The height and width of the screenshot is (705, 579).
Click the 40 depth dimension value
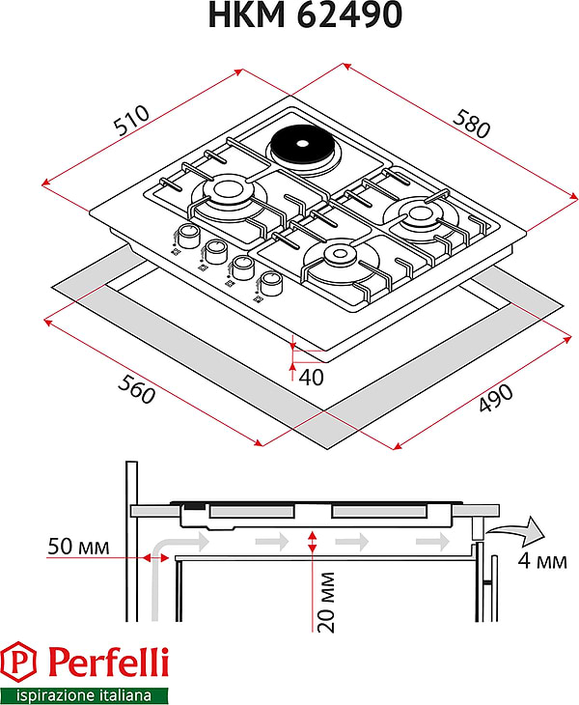tap(311, 376)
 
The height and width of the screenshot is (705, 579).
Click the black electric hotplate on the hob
tap(298, 149)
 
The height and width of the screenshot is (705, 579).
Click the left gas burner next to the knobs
tap(229, 189)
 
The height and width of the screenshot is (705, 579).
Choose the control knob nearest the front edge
tap(272, 283)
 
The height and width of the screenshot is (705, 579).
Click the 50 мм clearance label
tap(78, 548)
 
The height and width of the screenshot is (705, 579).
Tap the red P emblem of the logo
tap(21, 663)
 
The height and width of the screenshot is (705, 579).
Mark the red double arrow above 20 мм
tap(311, 542)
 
